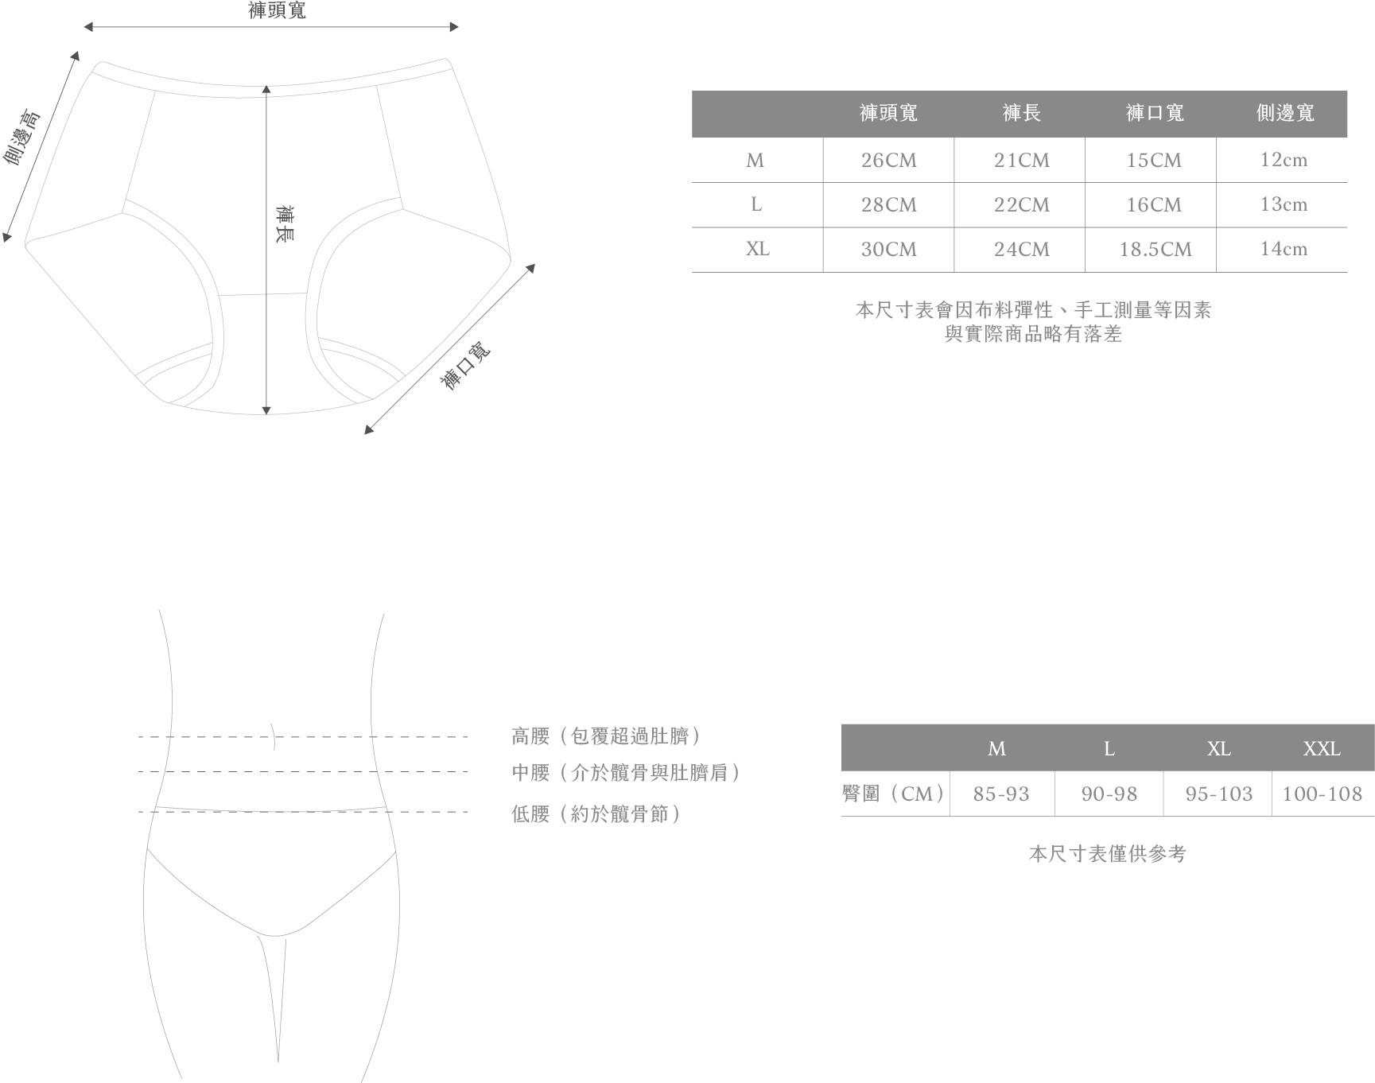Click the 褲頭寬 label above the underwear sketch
point(277,10)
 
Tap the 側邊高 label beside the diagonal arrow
point(22,138)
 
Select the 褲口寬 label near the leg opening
point(466,366)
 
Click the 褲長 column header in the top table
point(1021,113)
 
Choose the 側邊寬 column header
point(1285,113)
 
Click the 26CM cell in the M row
point(888,161)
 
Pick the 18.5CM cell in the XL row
point(1155,250)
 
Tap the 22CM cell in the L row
point(1021,205)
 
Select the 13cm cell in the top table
point(1284,204)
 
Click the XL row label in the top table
point(757,249)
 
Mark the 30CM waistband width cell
point(888,250)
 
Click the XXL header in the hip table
point(1322,748)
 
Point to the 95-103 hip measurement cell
point(1218,794)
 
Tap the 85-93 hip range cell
point(1001,794)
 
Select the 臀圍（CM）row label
point(894,794)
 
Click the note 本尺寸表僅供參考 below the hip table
point(1107,854)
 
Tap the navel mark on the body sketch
point(274,737)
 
